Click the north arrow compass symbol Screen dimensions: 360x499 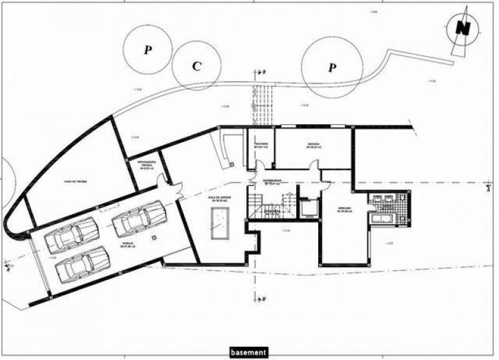pos(462,28)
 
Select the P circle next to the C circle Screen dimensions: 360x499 pos(147,50)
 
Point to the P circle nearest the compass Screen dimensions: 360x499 pos(332,66)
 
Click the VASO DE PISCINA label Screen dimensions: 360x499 pos(75,182)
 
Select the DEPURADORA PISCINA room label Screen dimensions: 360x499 pos(148,165)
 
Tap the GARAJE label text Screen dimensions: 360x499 pos(129,245)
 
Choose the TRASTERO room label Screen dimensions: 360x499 pos(261,147)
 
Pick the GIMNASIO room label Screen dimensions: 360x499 pos(345,209)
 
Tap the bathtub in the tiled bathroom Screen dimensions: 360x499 pos(379,219)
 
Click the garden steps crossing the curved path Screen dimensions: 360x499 pos(263,99)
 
